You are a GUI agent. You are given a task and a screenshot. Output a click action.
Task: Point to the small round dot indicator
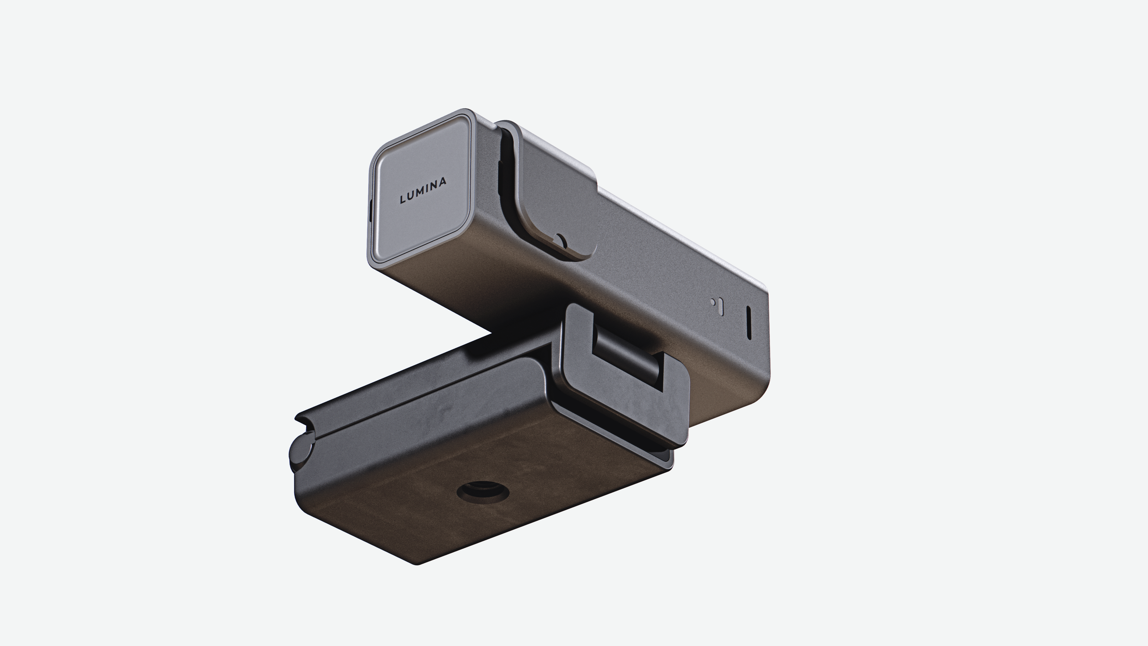(713, 302)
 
